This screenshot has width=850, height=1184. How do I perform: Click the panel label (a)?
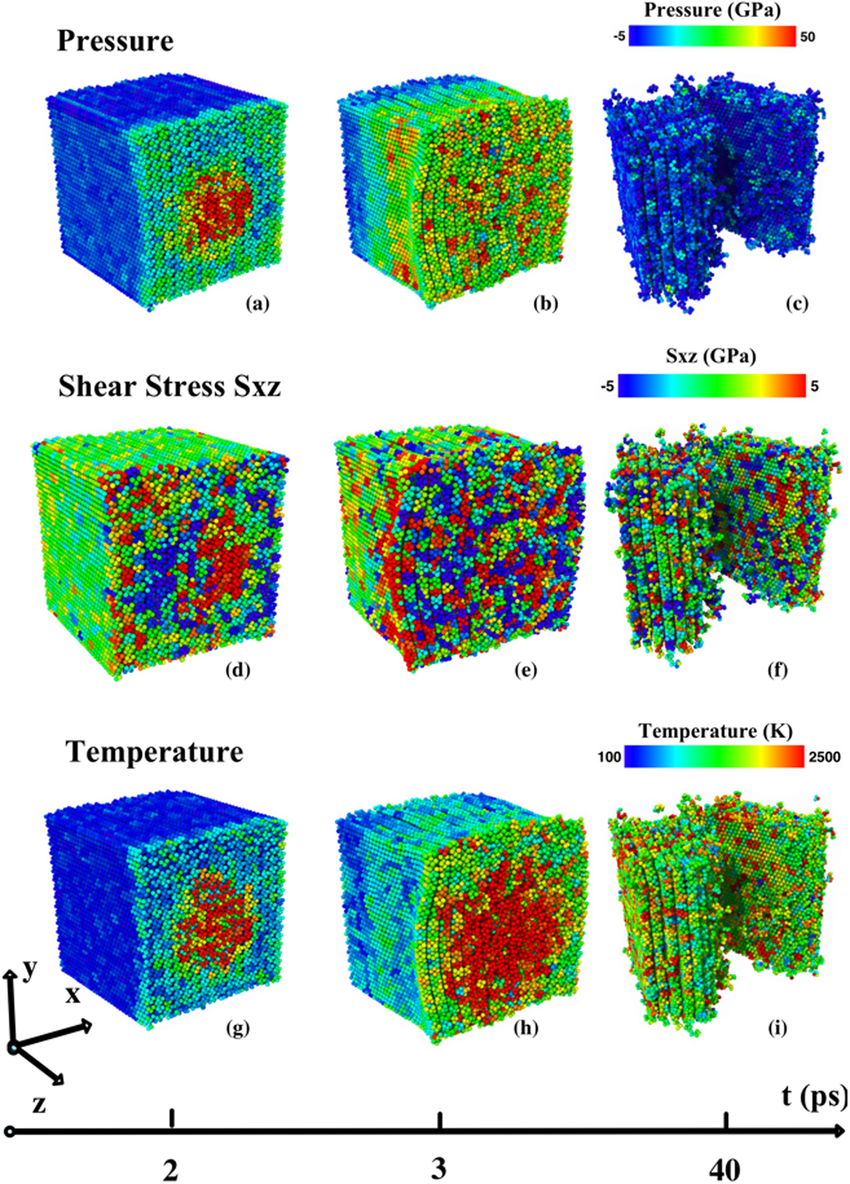pyautogui.click(x=258, y=303)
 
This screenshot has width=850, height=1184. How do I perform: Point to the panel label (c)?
pyautogui.click(x=796, y=303)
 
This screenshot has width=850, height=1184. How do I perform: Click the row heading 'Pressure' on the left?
pyautogui.click(x=115, y=41)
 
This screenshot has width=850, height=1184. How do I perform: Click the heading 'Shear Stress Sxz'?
pyautogui.click(x=169, y=387)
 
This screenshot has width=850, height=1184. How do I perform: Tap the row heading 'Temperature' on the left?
pyautogui.click(x=155, y=752)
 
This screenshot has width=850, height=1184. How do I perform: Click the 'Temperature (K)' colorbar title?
pyautogui.click(x=716, y=732)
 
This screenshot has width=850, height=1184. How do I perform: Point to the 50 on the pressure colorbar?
pyautogui.click(x=806, y=37)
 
